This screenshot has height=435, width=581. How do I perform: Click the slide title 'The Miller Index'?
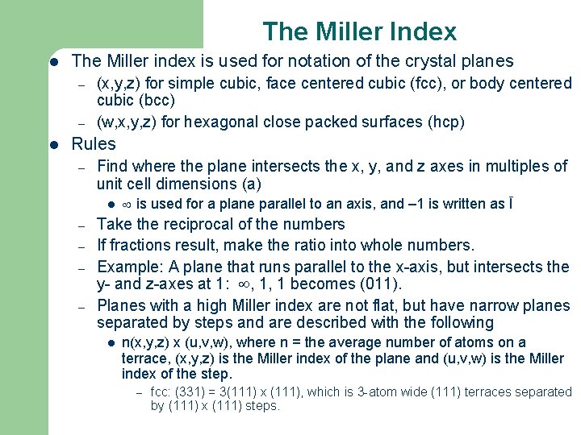click(359, 31)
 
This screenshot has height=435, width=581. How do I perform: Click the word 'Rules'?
click(94, 144)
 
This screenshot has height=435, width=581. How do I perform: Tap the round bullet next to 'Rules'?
click(52, 145)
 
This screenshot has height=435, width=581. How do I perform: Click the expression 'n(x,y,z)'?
click(146, 343)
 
